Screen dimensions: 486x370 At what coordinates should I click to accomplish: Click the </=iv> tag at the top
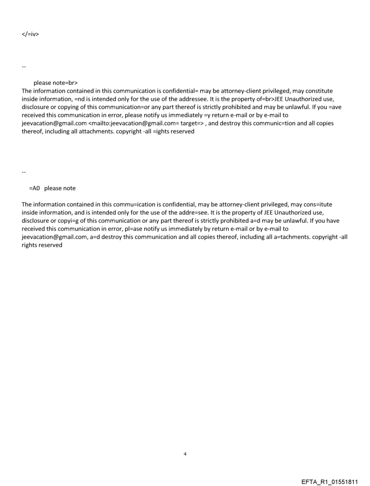pos(30,34)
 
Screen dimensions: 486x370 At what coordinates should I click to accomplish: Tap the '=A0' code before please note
pos(35,188)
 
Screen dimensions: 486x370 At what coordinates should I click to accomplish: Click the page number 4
pos(185,454)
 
